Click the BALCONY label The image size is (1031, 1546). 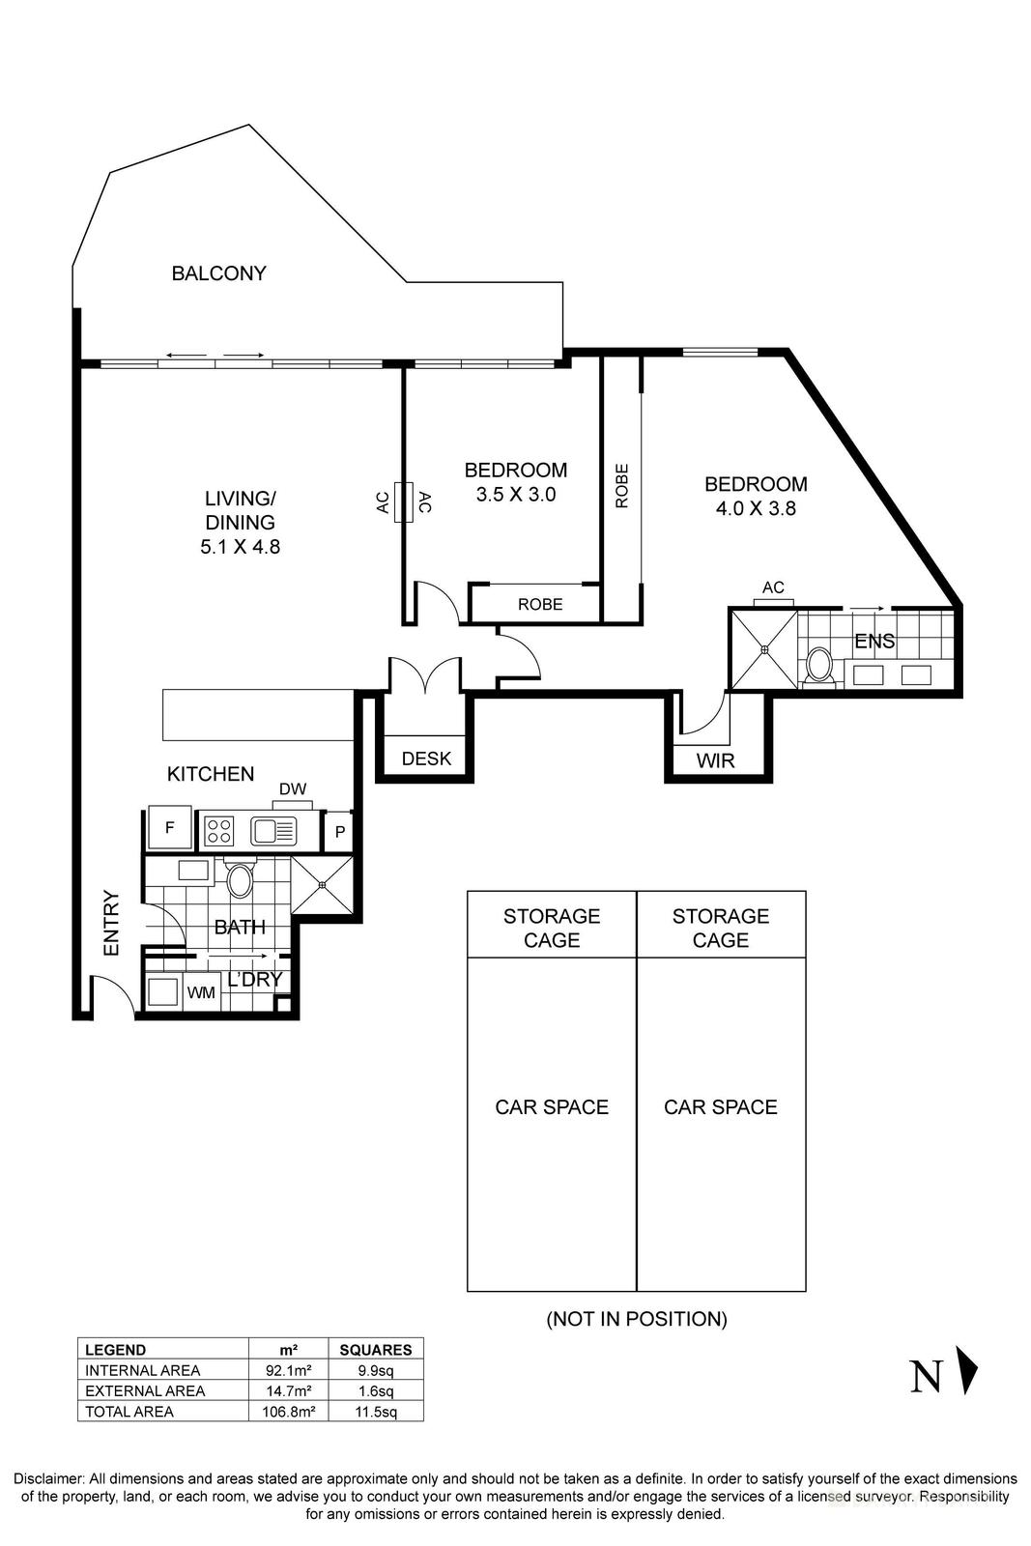218,273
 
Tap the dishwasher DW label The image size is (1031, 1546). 293,789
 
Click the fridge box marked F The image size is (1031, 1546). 170,828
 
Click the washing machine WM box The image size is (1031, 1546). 201,992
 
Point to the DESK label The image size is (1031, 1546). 426,759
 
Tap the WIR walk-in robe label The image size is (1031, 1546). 716,760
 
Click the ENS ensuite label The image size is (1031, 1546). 874,642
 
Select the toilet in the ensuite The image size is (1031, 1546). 820,666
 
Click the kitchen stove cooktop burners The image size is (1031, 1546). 220,831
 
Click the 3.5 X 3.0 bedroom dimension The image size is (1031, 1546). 515,495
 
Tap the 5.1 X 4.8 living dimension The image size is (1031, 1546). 240,547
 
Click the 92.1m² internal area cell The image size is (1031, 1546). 288,1370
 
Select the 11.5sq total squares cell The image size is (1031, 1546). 375,1412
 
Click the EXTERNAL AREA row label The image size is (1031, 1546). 145,1391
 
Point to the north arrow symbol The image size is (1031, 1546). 967,1370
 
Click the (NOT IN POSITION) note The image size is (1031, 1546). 636,1319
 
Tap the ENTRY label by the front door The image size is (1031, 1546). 112,924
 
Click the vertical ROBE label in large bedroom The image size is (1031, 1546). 621,486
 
